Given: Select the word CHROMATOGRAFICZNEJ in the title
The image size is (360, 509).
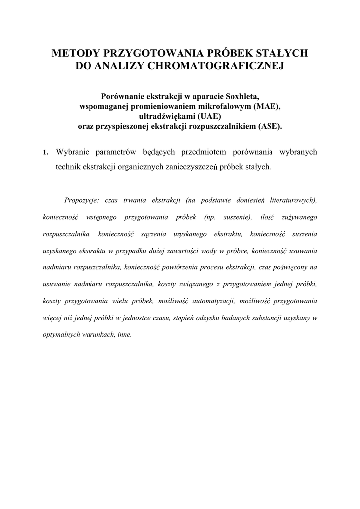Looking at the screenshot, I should point(215,66).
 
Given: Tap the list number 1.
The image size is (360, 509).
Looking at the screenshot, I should point(45,152).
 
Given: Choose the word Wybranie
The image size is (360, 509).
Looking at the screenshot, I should point(72,152).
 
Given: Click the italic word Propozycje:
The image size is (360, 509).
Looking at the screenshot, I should point(82,200).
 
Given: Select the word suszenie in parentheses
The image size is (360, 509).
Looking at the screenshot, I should point(237,217).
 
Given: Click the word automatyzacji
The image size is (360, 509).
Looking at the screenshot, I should point(216,301).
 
